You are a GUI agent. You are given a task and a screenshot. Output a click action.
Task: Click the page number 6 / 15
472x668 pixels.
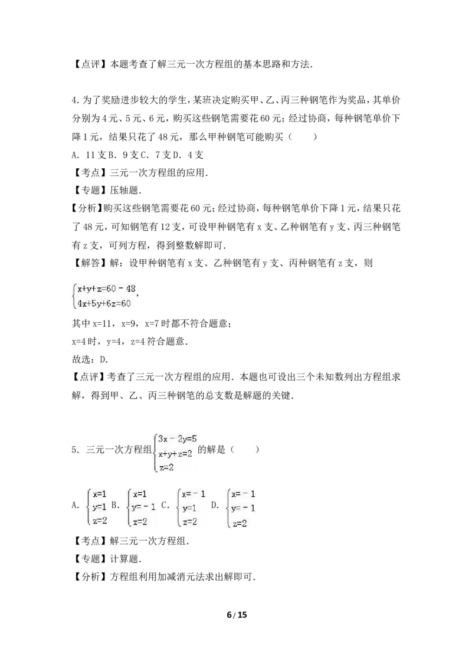click(x=237, y=615)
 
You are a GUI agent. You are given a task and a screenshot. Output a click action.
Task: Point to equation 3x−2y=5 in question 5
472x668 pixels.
click(x=177, y=439)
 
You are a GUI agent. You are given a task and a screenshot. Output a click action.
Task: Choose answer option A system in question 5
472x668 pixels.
click(x=96, y=507)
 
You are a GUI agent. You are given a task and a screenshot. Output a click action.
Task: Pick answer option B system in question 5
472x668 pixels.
click(x=142, y=507)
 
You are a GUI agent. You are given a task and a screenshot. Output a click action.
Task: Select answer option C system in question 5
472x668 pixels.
click(x=191, y=507)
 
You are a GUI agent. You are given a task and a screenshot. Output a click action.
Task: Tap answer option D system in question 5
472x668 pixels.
click(x=241, y=508)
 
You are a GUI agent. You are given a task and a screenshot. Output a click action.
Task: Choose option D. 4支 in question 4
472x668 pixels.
click(x=189, y=155)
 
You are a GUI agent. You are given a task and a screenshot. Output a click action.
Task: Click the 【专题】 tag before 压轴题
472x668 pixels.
click(x=90, y=191)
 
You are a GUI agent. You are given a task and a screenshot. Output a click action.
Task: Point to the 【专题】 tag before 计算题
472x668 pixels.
click(x=90, y=559)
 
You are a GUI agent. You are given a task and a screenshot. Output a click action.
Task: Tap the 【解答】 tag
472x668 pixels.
click(x=90, y=263)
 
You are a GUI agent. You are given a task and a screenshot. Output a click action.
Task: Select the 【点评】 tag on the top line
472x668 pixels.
click(x=90, y=64)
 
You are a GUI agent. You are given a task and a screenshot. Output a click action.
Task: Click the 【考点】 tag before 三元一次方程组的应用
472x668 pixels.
click(x=90, y=172)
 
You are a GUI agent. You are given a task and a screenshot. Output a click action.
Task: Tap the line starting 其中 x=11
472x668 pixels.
click(x=152, y=323)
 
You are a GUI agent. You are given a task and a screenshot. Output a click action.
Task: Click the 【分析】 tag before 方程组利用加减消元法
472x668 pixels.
click(x=90, y=577)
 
